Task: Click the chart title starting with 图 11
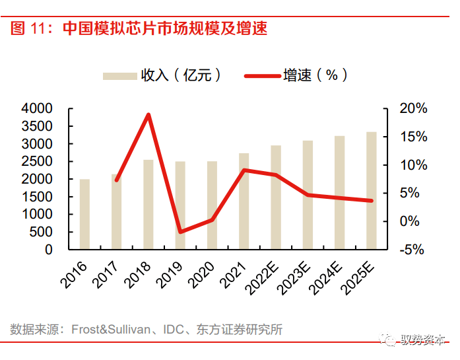tap(139, 28)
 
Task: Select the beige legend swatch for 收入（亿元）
tap(119, 75)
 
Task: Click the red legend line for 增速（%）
tap(261, 75)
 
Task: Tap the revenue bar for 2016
tap(84, 215)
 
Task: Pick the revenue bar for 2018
tap(148, 205)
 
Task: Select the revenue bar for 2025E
tap(372, 191)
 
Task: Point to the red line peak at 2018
tap(148, 115)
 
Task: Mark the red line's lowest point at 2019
tap(180, 232)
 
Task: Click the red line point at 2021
tap(244, 170)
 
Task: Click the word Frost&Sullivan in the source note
tap(114, 330)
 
